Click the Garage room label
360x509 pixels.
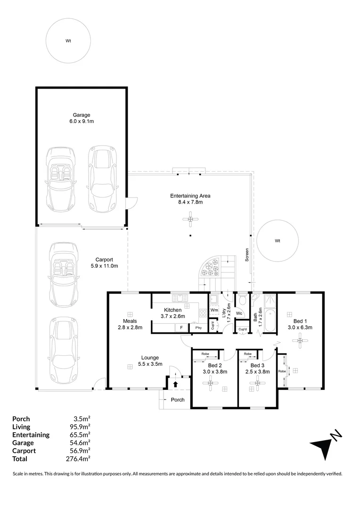tap(81, 115)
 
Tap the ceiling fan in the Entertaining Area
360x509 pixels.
tap(190, 219)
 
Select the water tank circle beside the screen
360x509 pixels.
tap(278, 240)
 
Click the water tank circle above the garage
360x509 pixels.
tap(68, 41)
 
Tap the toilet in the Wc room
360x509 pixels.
tap(241, 300)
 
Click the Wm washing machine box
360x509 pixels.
tap(214, 310)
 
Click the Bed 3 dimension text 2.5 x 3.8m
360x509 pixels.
tap(257, 372)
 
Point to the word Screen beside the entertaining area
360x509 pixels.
tap(246, 254)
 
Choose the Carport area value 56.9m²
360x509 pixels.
tap(81, 451)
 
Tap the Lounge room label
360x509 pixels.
tap(148, 357)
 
